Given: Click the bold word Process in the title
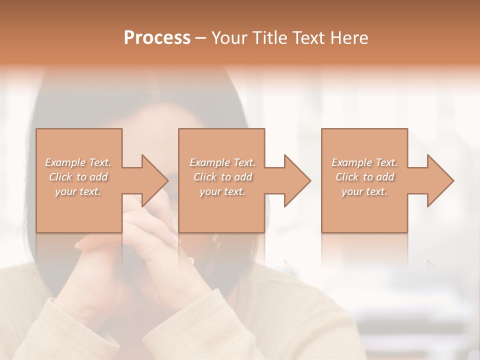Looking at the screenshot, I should coord(157,38).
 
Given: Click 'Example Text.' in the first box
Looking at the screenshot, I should coord(78,162).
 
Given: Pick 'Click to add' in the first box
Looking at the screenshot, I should coord(78,177).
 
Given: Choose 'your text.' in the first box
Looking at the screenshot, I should coord(78,191).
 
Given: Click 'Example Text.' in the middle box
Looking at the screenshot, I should coord(222,162).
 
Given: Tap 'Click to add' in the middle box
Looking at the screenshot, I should coord(222,177).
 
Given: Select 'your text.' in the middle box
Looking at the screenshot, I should coord(222,191).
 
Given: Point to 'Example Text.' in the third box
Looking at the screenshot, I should coord(364,162).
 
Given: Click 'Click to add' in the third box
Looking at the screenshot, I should coord(364,177).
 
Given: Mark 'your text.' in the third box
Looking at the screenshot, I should coord(364,191).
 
